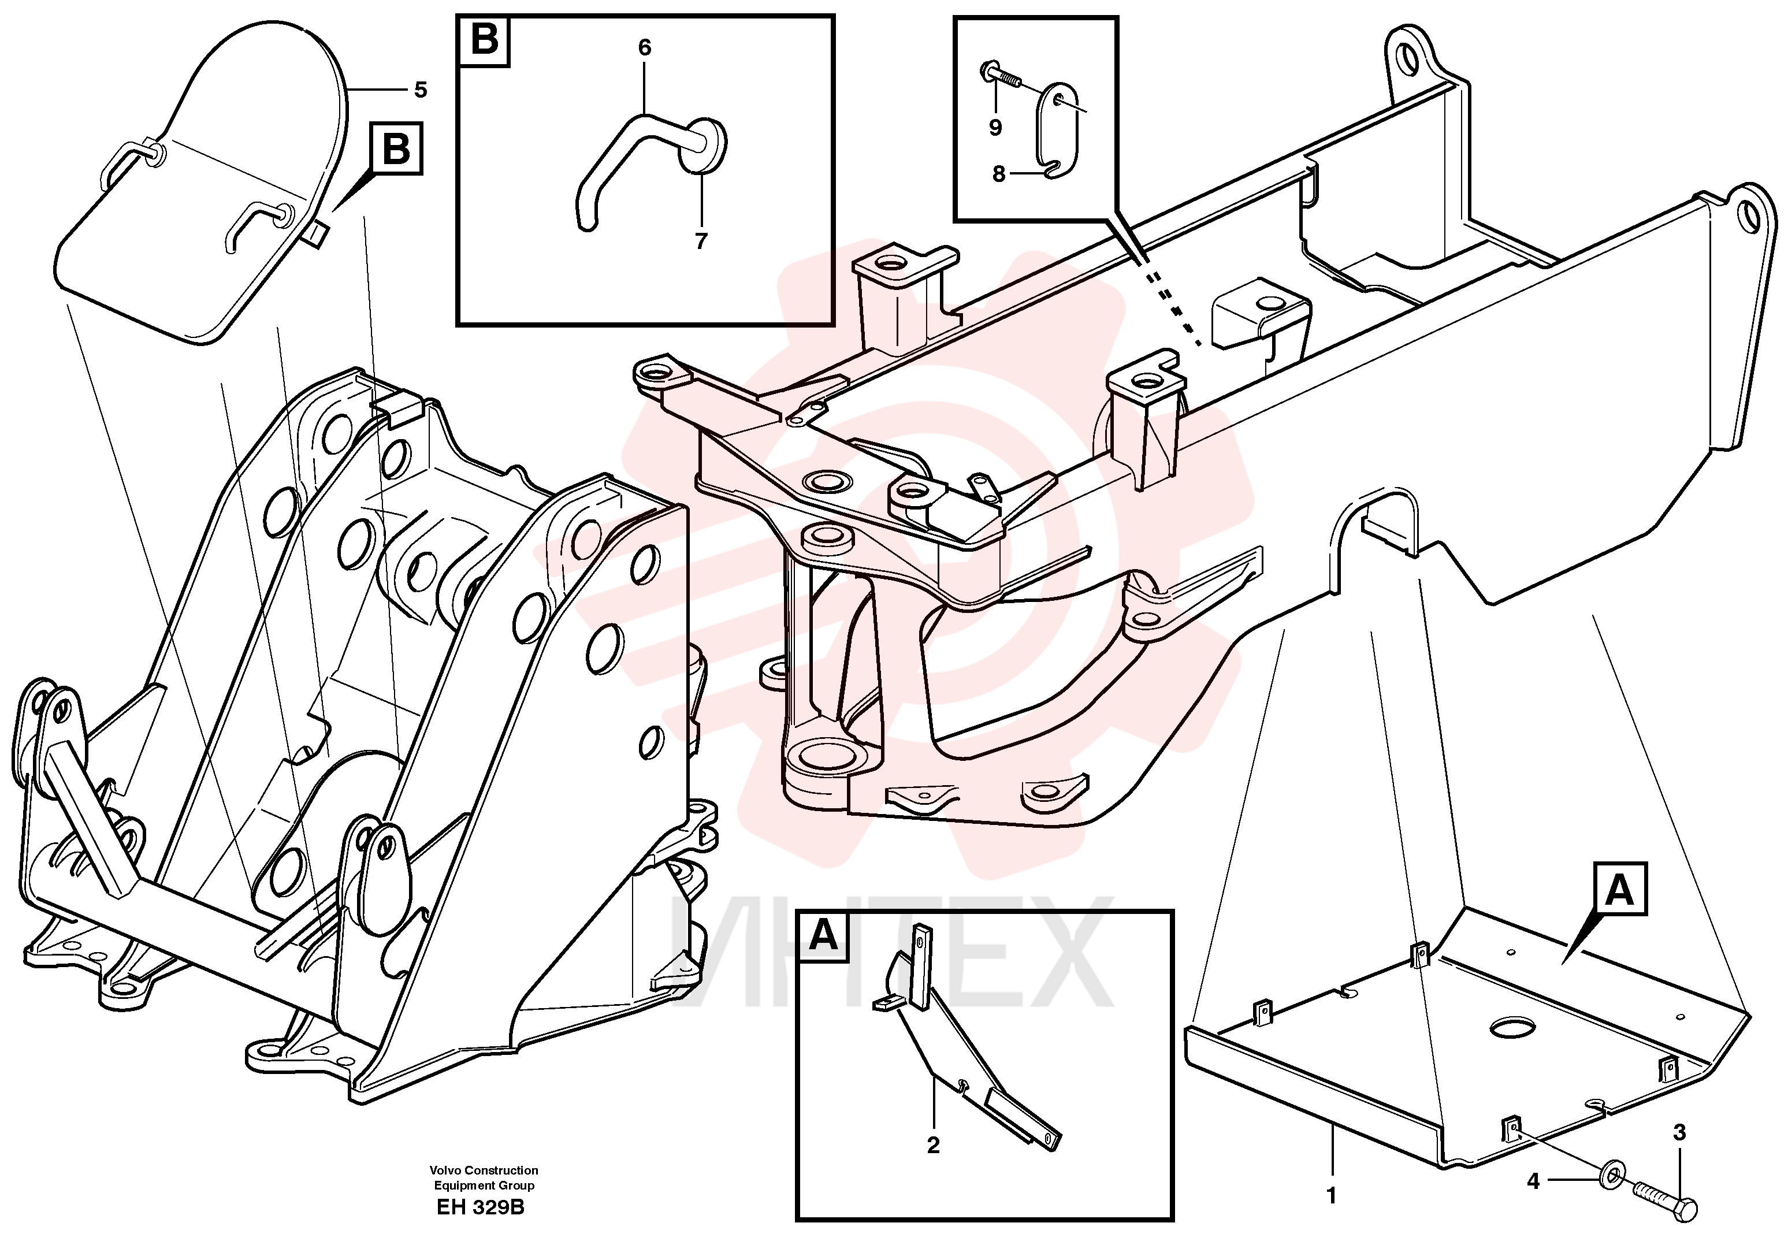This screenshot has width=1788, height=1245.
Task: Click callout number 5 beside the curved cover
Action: pos(421,90)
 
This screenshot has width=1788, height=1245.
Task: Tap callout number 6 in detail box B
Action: pos(645,47)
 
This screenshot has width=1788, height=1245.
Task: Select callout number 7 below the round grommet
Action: pos(701,241)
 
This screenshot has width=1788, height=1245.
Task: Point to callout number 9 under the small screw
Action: pos(995,127)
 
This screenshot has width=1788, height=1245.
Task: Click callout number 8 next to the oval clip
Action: pos(999,174)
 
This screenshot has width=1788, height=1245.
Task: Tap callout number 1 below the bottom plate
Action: pos(1331,1195)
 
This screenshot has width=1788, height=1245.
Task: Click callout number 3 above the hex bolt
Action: pos(1680,1133)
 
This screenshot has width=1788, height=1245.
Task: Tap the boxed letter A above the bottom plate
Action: pos(1620,889)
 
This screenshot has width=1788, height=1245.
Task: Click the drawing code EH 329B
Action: pos(481,1207)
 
